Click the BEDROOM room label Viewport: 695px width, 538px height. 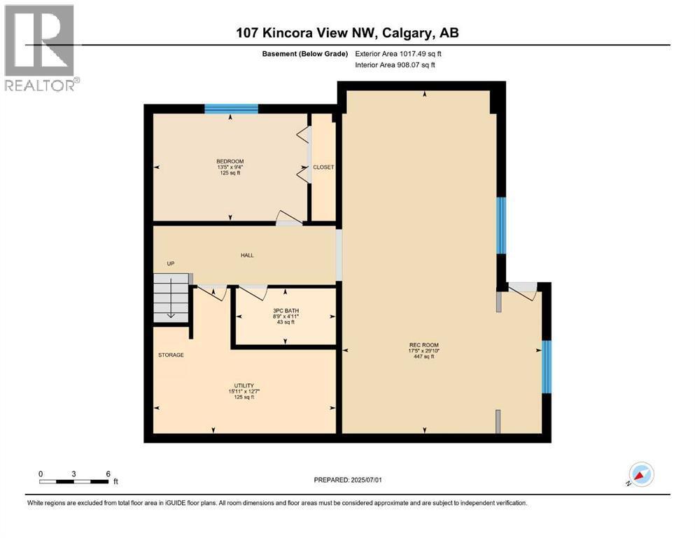click(x=230, y=161)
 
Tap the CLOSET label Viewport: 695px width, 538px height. click(x=323, y=167)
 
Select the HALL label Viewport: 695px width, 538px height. click(x=247, y=255)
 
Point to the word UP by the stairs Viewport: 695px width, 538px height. click(x=171, y=263)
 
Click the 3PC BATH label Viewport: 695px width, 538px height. click(x=286, y=310)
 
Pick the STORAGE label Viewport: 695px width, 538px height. click(x=171, y=355)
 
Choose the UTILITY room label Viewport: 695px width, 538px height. click(x=244, y=385)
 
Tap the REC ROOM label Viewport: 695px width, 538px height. click(x=424, y=345)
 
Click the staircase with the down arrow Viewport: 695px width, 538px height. click(x=171, y=298)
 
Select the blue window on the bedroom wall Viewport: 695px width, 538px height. click(x=231, y=109)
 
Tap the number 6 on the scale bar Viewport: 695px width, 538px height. click(x=108, y=474)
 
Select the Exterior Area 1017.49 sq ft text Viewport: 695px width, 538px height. click(x=398, y=54)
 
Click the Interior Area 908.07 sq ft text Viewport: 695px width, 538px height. click(x=395, y=64)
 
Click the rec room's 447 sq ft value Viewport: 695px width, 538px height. click(x=424, y=356)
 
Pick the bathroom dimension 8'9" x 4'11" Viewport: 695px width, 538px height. click(x=286, y=316)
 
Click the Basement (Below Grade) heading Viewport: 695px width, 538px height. click(x=305, y=54)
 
